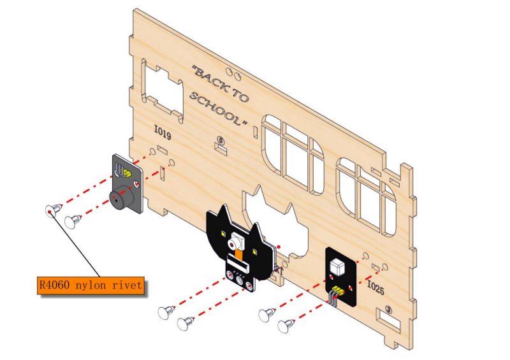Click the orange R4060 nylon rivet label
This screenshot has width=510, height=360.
[x=91, y=285]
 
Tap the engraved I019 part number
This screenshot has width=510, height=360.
[x=163, y=133]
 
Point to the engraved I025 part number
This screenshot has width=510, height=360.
[x=375, y=287]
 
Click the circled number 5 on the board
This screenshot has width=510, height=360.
[x=221, y=140]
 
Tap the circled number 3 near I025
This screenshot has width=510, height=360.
[x=388, y=309]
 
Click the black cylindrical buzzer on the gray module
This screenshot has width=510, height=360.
[x=121, y=197]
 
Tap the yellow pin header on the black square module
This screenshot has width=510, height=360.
[x=338, y=290]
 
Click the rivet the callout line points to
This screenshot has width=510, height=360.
[x=53, y=210]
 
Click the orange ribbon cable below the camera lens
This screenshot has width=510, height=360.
[x=239, y=254]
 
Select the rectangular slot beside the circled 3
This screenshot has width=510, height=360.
[x=388, y=319]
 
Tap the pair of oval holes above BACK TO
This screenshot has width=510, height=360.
[x=233, y=74]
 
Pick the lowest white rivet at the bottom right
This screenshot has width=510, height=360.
[x=285, y=326]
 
